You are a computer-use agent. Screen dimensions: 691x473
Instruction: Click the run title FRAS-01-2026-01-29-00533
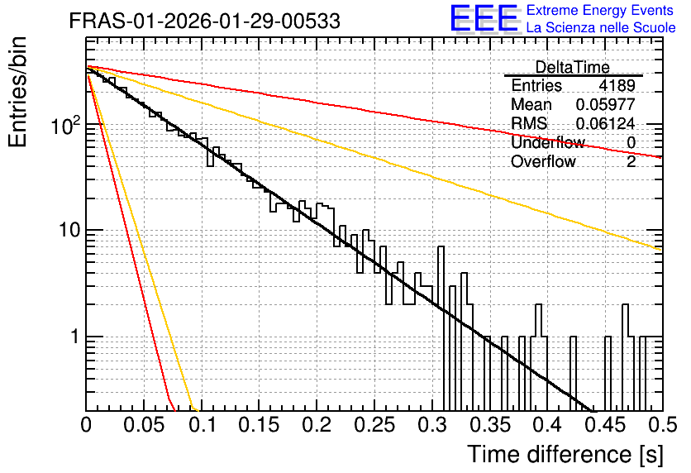[x=205, y=21]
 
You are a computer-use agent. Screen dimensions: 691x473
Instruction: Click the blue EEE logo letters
[x=484, y=18]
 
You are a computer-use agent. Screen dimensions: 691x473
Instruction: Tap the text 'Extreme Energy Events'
[x=600, y=10]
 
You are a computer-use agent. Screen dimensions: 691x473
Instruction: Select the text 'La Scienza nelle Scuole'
[x=601, y=28]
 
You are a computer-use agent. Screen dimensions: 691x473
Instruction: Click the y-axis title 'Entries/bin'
[x=17, y=92]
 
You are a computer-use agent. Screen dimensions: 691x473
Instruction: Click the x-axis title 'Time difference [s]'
[x=565, y=454]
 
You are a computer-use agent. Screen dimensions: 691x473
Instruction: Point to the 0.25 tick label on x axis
[x=374, y=425]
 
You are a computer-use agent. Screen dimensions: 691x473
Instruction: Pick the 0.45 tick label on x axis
[x=605, y=425]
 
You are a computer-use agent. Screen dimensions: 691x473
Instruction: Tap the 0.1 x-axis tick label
[x=203, y=425]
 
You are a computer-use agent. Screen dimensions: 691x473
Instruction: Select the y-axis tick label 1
[x=75, y=337]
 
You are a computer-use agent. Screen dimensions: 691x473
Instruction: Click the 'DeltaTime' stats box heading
[x=573, y=67]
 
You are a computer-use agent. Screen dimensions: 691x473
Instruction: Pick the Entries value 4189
[x=617, y=85]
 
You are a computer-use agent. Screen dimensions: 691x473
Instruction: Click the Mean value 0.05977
[x=606, y=104]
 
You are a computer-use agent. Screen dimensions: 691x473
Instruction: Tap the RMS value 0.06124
[x=606, y=123]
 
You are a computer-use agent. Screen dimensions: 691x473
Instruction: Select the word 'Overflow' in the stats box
[x=543, y=162]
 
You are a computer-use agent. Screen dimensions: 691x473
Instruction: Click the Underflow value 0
[x=631, y=142]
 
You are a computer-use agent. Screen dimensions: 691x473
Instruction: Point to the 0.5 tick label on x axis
[x=662, y=425]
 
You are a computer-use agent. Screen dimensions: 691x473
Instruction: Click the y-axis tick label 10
[x=69, y=230]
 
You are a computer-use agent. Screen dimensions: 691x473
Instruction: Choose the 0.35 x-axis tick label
[x=489, y=425]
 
